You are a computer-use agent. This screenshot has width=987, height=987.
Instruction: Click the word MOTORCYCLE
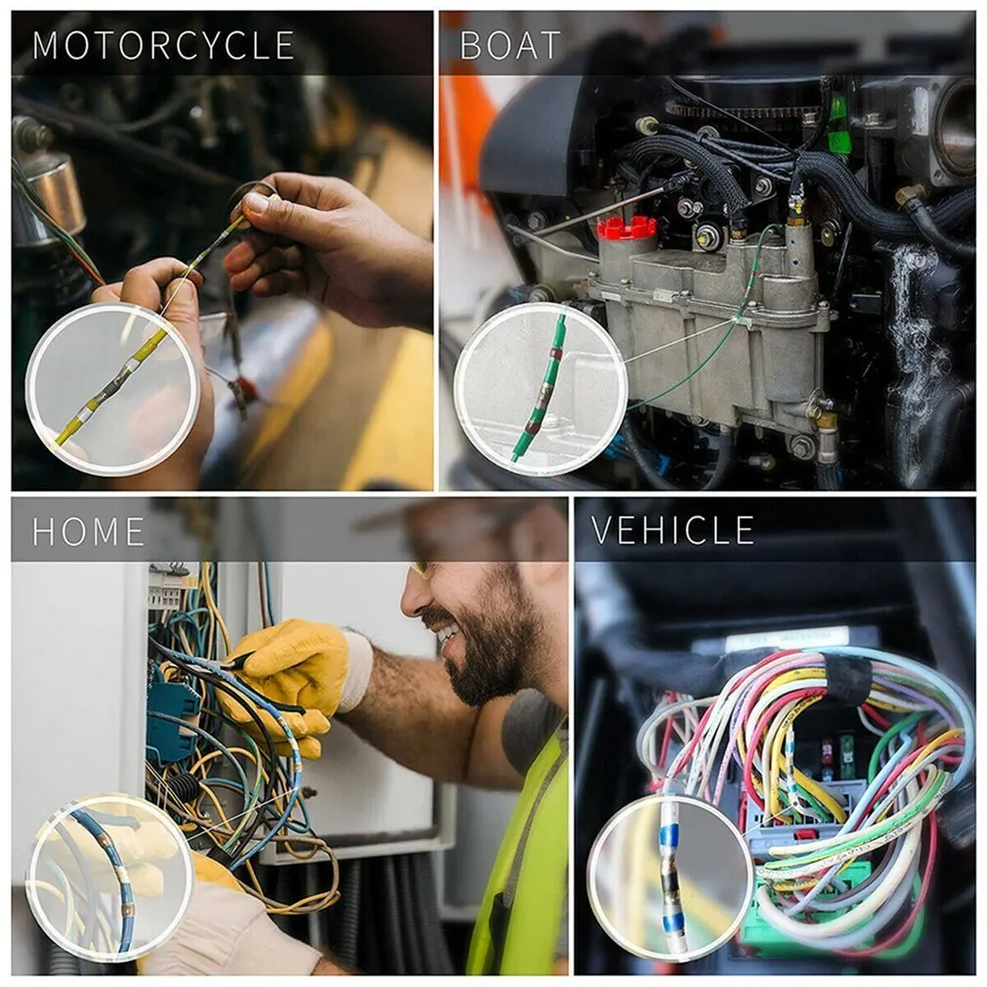click(x=163, y=46)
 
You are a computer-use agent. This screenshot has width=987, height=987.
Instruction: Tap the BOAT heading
click(x=510, y=46)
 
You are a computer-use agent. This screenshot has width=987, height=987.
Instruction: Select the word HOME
click(x=88, y=532)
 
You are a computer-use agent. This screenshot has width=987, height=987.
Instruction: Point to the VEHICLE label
click(x=672, y=530)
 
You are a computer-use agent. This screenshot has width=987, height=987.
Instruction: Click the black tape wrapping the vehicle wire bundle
click(x=847, y=677)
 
